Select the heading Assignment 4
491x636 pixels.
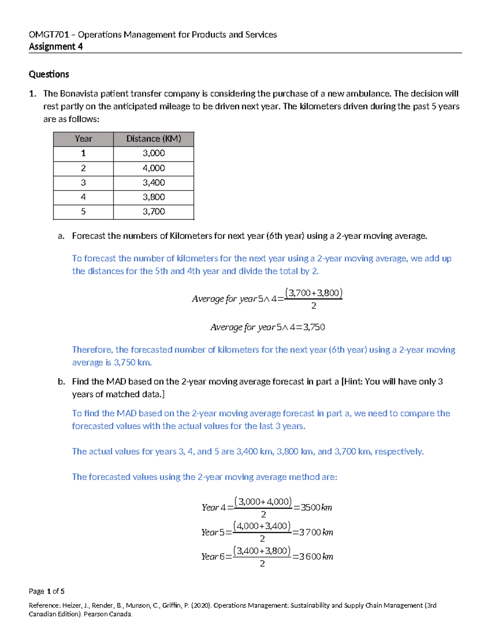[x=56, y=47]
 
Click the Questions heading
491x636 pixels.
[x=49, y=74]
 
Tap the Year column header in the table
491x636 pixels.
[x=83, y=139]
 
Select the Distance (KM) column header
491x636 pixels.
[x=153, y=139]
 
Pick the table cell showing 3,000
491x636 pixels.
[x=153, y=153]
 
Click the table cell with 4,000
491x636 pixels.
[x=153, y=168]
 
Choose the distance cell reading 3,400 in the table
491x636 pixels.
[x=153, y=183]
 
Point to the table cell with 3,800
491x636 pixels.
[x=153, y=197]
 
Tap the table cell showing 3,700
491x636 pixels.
[x=153, y=211]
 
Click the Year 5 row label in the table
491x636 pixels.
[x=83, y=211]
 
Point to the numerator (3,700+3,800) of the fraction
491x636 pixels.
[x=313, y=293]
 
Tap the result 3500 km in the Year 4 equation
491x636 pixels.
[x=316, y=507]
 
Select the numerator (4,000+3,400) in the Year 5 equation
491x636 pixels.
[x=262, y=526]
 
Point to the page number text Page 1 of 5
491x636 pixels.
[x=46, y=591]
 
